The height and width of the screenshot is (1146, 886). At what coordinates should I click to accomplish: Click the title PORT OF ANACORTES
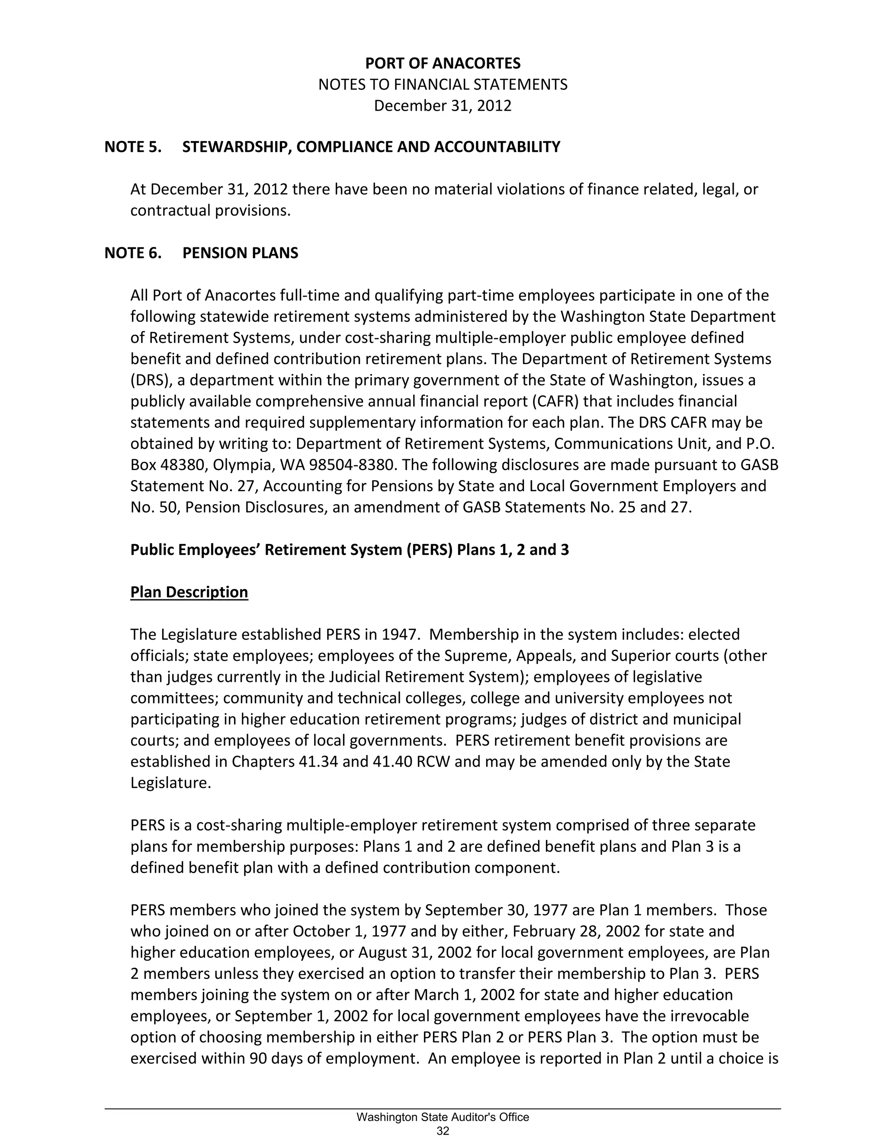[443, 64]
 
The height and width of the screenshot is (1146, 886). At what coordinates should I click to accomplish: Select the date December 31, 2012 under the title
[443, 106]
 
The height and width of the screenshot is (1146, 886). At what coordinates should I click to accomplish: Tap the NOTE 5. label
[133, 147]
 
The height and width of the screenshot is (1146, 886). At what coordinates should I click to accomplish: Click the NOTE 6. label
[133, 253]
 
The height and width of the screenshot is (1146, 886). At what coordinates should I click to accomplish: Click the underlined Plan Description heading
[189, 592]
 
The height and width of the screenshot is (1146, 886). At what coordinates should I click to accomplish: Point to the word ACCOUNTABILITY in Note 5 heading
[497, 147]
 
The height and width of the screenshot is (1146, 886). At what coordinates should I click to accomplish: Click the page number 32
[443, 1131]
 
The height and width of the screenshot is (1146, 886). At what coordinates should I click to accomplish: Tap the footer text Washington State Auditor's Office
[443, 1117]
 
